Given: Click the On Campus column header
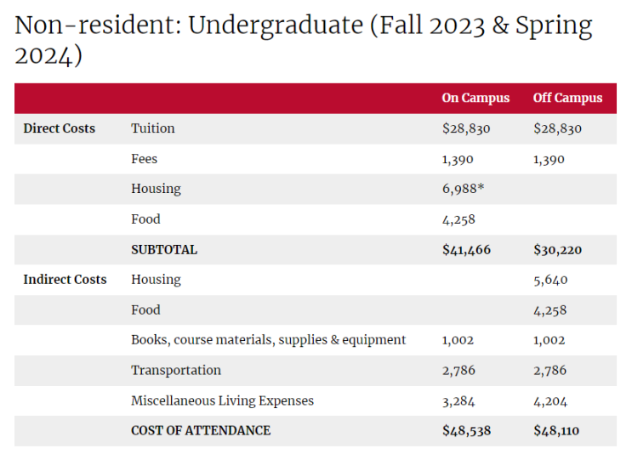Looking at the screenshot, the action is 475,99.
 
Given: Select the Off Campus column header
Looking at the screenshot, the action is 567,99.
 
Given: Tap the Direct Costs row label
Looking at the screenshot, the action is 60,128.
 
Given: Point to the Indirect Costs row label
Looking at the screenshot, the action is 65,280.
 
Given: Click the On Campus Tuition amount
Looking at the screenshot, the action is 466,128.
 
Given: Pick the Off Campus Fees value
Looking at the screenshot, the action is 549,160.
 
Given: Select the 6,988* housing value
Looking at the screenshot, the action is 463,189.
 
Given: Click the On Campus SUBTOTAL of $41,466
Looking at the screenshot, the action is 466,250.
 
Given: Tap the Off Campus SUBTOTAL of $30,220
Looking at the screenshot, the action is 557,250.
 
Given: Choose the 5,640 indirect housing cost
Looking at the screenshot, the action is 550,280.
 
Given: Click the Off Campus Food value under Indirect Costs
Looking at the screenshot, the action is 550,310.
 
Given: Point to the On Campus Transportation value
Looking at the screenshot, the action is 458,371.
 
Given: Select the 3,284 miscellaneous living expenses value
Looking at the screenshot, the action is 458,401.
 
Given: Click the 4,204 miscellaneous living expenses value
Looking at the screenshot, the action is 550,401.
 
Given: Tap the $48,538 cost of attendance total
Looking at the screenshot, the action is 466,430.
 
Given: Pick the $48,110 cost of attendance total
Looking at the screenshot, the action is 556,430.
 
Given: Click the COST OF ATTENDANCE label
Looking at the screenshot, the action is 201,430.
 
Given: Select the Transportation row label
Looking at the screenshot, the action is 176,370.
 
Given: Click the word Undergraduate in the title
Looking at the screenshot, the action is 276,26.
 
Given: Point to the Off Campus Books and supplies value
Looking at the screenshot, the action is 549,340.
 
